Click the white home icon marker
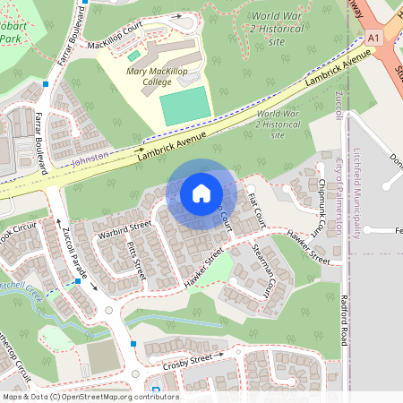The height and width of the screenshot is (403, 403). click(201, 193)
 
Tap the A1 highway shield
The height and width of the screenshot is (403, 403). click(373, 38)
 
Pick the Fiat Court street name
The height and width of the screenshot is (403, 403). click(258, 210)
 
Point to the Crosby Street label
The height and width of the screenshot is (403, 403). click(186, 361)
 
